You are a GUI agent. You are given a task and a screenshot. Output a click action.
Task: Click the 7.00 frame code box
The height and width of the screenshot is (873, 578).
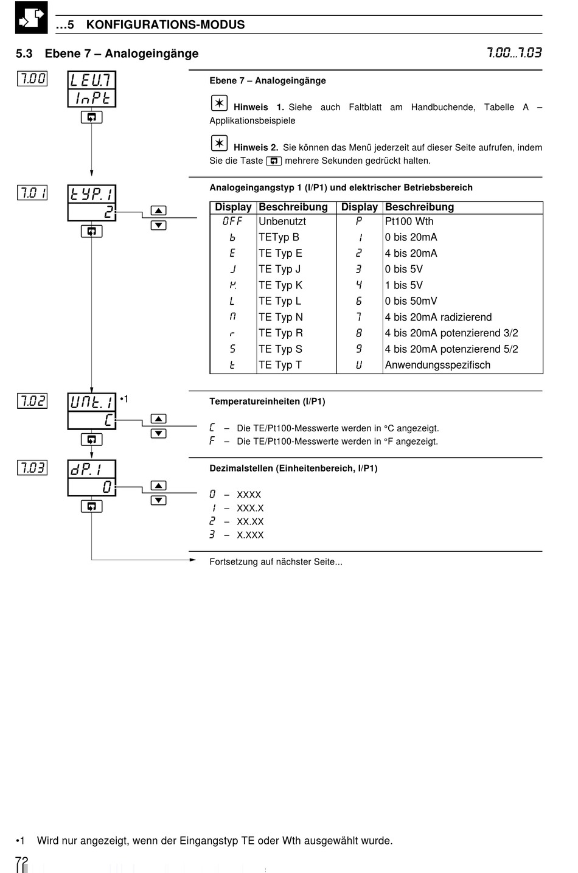pyautogui.click(x=32, y=78)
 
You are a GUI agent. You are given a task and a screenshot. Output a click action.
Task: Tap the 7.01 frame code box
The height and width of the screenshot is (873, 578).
pyautogui.click(x=32, y=193)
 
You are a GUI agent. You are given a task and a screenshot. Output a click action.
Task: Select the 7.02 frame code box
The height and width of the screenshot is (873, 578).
pyautogui.click(x=32, y=401)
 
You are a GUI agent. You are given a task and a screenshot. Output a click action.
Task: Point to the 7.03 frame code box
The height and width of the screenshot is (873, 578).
pyautogui.click(x=32, y=468)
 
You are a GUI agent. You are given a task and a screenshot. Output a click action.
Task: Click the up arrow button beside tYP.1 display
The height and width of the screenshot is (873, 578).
pyautogui.click(x=158, y=210)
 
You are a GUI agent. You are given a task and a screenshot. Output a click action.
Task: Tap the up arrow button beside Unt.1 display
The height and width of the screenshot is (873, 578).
pyautogui.click(x=158, y=419)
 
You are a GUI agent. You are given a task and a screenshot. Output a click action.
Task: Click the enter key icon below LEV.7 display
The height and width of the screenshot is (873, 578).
pyautogui.click(x=91, y=117)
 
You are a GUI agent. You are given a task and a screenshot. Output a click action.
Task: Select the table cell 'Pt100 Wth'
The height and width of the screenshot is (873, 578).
pyautogui.click(x=409, y=221)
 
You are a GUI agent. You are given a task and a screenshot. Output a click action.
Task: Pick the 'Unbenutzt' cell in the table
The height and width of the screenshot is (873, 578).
pyautogui.click(x=282, y=221)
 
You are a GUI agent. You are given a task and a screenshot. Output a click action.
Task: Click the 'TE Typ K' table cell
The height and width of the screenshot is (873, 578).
pyautogui.click(x=280, y=285)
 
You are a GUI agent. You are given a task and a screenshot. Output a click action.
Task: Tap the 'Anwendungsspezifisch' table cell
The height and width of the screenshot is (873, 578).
pyautogui.click(x=437, y=365)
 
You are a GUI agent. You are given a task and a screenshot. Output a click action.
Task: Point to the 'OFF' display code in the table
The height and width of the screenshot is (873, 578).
pyautogui.click(x=232, y=221)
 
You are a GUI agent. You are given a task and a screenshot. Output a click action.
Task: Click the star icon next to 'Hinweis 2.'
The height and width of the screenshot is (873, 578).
pyautogui.click(x=219, y=143)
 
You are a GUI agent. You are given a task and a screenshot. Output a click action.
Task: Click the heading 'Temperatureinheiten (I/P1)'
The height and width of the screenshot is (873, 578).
pyautogui.click(x=267, y=402)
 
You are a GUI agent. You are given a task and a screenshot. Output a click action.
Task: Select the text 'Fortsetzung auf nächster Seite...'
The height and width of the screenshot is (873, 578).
pyautogui.click(x=276, y=562)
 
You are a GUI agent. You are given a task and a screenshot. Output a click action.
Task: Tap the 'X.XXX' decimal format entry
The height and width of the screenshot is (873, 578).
pyautogui.click(x=250, y=535)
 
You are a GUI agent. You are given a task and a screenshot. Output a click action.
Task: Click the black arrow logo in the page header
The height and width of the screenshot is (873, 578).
pyautogui.click(x=31, y=18)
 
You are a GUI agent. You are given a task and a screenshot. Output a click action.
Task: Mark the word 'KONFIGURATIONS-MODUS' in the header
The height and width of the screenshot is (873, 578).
pyautogui.click(x=165, y=25)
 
